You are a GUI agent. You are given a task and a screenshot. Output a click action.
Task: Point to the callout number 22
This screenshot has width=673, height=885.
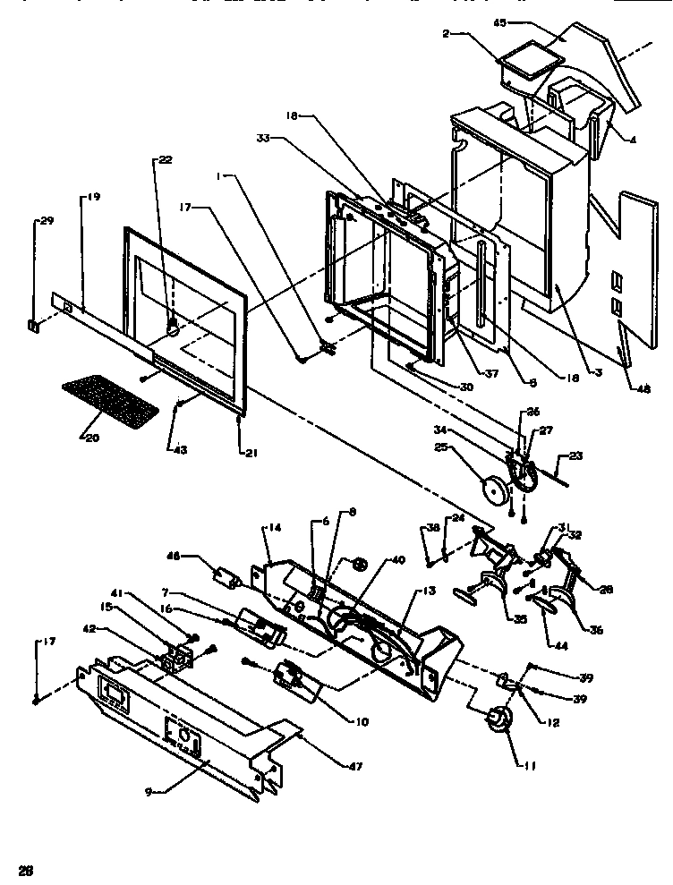pos(166,160)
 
